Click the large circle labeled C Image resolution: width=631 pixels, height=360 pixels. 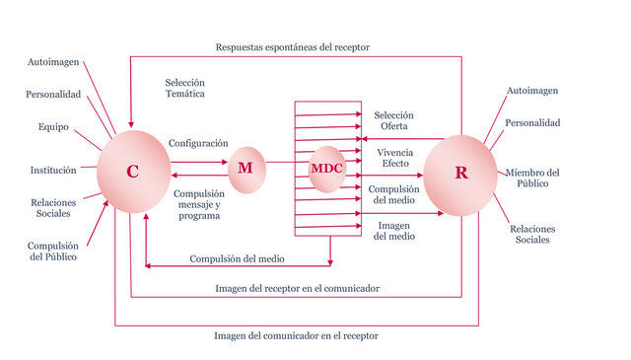133,172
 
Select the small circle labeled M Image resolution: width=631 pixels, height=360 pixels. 245,169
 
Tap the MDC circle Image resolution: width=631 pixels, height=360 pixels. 326,169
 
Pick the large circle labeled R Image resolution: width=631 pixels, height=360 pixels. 460,173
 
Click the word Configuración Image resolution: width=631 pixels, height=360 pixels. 198,143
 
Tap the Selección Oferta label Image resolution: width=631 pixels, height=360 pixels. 394,120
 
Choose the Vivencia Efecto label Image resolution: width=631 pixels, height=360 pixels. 394,158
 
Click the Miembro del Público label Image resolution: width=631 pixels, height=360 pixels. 533,179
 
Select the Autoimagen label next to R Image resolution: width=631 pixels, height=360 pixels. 532,91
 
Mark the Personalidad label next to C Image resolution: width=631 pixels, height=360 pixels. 53,95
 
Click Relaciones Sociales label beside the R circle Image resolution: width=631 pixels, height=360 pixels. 533,235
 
